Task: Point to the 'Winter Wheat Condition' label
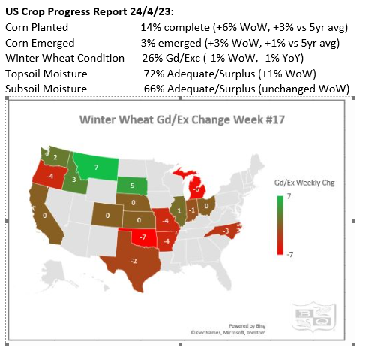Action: tap(59, 57)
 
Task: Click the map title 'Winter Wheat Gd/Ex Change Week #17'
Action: tap(181, 119)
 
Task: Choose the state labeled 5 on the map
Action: tap(132, 186)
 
